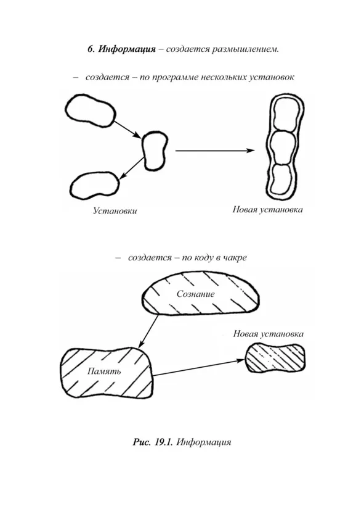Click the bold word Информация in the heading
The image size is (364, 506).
[x=127, y=49]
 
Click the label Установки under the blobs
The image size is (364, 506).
[x=115, y=211]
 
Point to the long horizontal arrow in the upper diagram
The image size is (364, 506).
[x=215, y=151]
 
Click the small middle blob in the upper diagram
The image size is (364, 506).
[x=155, y=151]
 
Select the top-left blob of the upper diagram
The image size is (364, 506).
[x=90, y=110]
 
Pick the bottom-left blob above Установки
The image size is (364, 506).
[x=94, y=186]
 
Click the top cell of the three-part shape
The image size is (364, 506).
[x=286, y=115]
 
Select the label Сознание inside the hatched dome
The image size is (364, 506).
[x=195, y=294]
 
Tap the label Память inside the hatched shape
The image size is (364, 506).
[x=104, y=371]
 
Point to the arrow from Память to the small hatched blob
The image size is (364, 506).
[x=198, y=368]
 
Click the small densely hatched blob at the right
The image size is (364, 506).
[x=275, y=358]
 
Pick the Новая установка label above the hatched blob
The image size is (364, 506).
[x=269, y=334]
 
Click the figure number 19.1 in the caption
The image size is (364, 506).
[x=164, y=442]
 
